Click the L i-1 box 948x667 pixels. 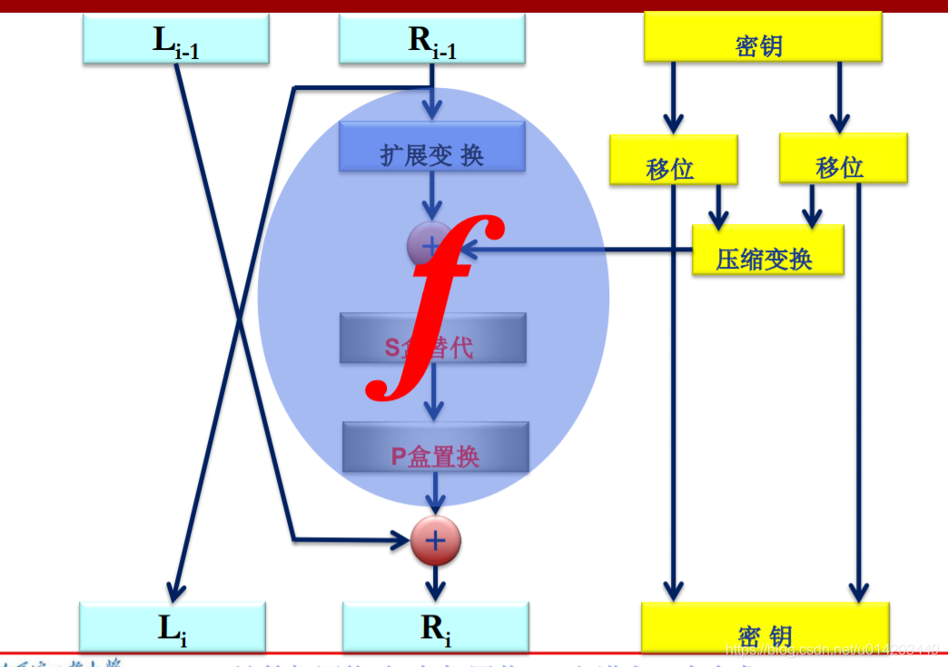(175, 39)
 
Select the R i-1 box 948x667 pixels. (432, 39)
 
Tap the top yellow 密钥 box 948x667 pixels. (763, 38)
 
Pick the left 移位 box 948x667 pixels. (673, 161)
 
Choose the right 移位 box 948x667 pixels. (843, 159)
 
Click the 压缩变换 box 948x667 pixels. (767, 250)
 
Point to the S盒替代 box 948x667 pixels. (432, 338)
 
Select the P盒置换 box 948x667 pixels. (435, 447)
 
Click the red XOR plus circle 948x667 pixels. (436, 541)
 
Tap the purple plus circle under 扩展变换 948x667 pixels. (430, 243)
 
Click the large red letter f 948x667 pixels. (434, 309)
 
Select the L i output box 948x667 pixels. (173, 627)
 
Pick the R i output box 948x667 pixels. (435, 627)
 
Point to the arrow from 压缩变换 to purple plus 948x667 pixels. (581, 250)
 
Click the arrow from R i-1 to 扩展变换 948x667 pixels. (433, 100)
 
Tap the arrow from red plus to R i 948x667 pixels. (436, 582)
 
